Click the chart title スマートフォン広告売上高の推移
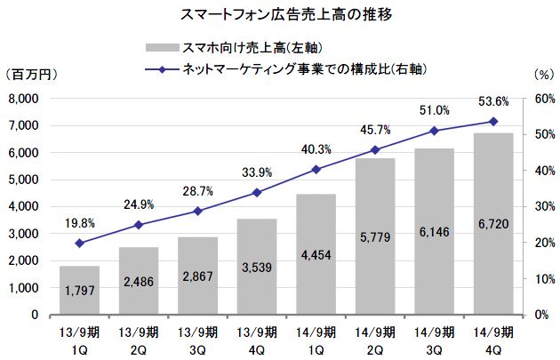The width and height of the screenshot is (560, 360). [280, 15]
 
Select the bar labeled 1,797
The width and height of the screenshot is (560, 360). [79, 290]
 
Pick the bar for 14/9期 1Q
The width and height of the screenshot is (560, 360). [316, 254]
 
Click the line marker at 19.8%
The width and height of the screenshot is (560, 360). [79, 243]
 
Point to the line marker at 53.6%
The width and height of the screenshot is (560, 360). [493, 121]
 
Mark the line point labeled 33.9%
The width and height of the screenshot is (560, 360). [257, 192]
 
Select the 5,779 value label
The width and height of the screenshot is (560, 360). [375, 238]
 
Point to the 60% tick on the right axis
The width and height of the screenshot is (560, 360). [539, 99]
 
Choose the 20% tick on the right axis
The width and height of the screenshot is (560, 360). [539, 243]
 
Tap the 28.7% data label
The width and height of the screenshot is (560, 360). [197, 192]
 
